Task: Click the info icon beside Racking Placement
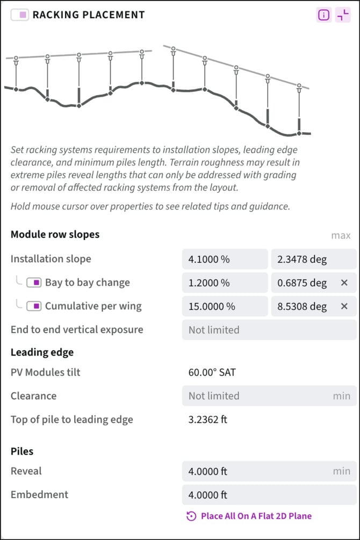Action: tap(323, 15)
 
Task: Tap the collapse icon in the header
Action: tap(342, 15)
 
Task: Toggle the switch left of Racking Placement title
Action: tap(20, 15)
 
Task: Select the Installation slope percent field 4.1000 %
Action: tap(225, 259)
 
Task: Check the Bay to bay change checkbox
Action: tap(35, 283)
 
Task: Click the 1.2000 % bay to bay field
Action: tap(225, 283)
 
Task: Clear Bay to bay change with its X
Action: tap(344, 283)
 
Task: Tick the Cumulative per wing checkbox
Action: tap(35, 306)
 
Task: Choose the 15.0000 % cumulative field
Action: tap(225, 306)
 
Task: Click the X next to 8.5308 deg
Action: tap(344, 306)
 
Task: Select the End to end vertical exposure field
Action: tap(269, 330)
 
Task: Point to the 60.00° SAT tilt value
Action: tap(212, 372)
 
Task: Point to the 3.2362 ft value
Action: tap(208, 420)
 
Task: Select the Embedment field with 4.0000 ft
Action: tap(269, 495)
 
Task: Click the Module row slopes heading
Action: tap(55, 235)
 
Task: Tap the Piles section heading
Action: tap(22, 451)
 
